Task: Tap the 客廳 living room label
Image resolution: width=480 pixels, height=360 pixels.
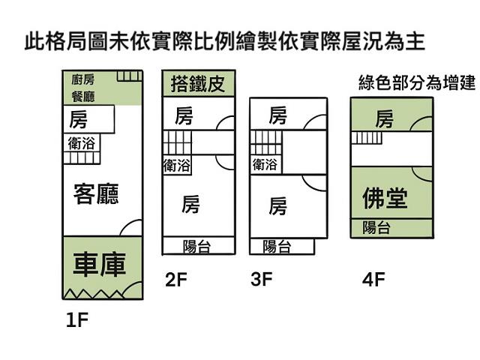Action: click(x=95, y=193)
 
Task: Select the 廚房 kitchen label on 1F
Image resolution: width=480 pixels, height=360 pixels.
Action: click(x=82, y=79)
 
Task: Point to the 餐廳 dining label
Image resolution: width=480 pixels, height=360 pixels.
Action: click(x=82, y=96)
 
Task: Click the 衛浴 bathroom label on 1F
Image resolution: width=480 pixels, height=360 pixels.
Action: click(x=81, y=143)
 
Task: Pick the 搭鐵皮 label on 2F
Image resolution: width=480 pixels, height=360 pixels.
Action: click(x=197, y=82)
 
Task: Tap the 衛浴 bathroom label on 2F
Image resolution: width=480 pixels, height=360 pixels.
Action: click(x=176, y=165)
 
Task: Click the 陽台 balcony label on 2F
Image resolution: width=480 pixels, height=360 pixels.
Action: click(x=196, y=246)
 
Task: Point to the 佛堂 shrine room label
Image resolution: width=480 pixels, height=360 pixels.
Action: click(x=385, y=198)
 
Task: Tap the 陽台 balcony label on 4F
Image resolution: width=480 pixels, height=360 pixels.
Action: click(x=376, y=228)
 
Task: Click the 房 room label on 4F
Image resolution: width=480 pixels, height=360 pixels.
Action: click(x=385, y=118)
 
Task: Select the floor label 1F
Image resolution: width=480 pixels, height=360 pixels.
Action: click(x=77, y=321)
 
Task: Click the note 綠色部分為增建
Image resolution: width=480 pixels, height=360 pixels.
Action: click(x=416, y=82)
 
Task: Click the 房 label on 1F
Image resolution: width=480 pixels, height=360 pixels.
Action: click(x=78, y=119)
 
